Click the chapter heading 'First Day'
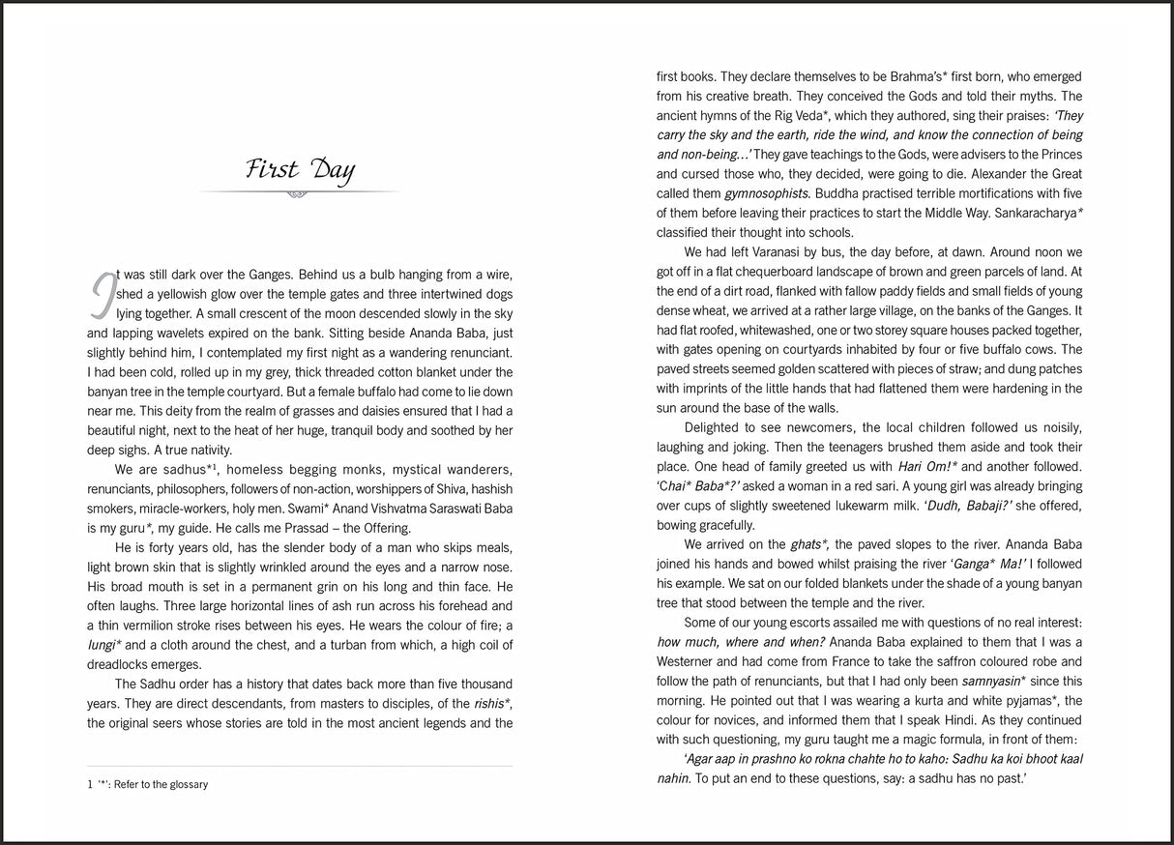point(300,170)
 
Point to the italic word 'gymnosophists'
point(765,193)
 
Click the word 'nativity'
point(200,450)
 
